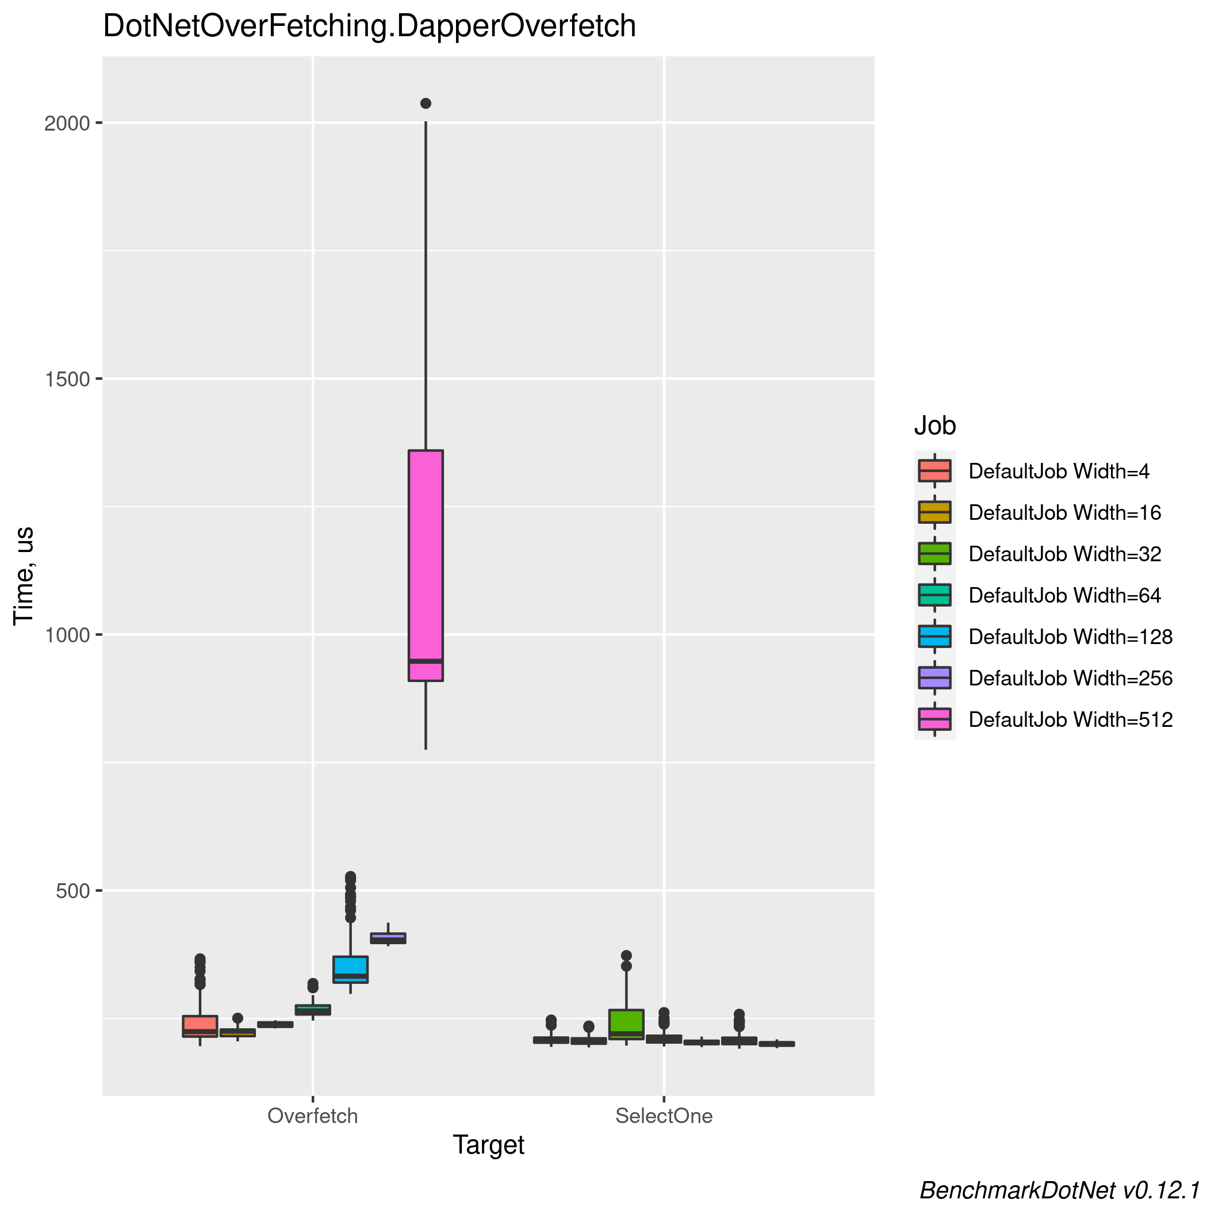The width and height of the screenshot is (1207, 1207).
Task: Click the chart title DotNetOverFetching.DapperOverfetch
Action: point(369,27)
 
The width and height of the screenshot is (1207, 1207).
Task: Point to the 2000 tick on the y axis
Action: point(67,123)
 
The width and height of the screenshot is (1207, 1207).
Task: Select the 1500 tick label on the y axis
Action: point(67,378)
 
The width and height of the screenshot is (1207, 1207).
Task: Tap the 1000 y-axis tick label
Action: point(67,635)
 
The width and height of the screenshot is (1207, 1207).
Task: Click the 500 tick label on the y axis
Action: point(73,891)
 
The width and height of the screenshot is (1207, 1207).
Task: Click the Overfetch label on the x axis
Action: point(312,1116)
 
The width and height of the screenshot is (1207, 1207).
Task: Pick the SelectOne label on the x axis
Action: point(664,1116)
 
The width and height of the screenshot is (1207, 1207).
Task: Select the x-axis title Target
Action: point(488,1145)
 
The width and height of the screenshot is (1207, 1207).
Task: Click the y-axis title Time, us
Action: point(24,576)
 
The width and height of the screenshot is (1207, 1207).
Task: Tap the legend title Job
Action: point(934,426)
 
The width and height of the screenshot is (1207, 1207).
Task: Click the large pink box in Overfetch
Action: point(426,562)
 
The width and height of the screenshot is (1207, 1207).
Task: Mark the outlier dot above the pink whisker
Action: point(426,103)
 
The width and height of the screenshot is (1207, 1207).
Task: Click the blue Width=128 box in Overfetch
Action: point(350,969)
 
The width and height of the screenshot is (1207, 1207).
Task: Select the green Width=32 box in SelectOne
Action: point(626,1024)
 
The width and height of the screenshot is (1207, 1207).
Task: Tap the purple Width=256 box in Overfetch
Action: point(388,938)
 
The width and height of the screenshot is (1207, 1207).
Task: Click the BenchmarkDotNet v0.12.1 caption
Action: point(1062,1190)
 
